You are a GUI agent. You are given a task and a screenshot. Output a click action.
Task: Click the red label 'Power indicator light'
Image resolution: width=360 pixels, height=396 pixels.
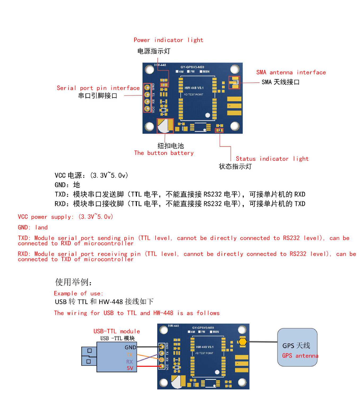[x=168, y=40]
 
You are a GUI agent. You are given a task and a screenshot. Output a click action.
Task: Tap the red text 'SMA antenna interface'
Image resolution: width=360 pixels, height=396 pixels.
[x=291, y=72]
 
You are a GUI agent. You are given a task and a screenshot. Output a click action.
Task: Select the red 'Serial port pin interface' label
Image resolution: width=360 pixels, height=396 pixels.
[x=98, y=88]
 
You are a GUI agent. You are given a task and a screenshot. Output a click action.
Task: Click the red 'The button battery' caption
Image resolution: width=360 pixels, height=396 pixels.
[x=164, y=153]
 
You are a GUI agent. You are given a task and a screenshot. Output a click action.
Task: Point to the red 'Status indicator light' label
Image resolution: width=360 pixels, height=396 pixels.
[x=272, y=159]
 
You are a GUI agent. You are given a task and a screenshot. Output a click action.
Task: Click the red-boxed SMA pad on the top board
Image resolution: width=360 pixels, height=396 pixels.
[x=234, y=82]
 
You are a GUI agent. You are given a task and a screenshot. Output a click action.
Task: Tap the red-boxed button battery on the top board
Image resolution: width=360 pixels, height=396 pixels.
[x=165, y=126]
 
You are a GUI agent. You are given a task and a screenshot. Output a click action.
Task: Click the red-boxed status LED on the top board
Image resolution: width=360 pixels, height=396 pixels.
[x=219, y=130]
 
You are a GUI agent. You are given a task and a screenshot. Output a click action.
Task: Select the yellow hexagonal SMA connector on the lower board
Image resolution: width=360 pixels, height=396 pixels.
[x=242, y=341]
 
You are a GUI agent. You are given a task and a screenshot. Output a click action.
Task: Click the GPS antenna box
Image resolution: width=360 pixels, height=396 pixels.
[x=297, y=347]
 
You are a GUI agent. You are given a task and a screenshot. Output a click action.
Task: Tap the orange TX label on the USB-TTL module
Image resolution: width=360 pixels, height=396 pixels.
[x=129, y=355]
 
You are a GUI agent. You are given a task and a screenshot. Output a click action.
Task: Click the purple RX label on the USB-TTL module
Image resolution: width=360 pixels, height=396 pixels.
[x=129, y=362]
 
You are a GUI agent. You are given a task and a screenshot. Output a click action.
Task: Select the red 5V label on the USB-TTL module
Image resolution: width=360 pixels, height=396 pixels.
[x=130, y=368]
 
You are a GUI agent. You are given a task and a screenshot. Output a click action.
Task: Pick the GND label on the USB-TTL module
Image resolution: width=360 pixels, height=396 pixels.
[x=130, y=347]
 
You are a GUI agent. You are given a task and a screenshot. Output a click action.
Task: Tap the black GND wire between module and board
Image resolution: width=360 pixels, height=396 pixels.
[x=148, y=347]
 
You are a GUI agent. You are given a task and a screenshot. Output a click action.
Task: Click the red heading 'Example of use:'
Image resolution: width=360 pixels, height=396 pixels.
[x=79, y=293]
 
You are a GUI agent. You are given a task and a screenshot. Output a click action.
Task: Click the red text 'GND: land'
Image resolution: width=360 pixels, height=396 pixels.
[x=33, y=227]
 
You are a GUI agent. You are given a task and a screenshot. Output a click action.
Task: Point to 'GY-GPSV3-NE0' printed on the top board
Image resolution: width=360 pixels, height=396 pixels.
[x=192, y=67]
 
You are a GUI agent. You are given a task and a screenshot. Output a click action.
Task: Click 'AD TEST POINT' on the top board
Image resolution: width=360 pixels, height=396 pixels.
[x=193, y=95]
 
